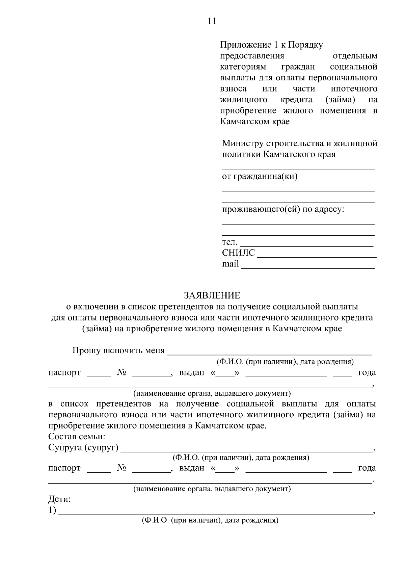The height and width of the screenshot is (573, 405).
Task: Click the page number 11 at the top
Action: (212, 21)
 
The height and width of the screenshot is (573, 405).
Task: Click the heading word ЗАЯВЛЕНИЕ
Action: (212, 296)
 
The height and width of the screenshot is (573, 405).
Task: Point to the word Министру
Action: (242, 144)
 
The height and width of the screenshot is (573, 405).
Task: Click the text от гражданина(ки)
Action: (260, 176)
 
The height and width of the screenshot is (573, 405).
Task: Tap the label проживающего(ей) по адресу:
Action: (283, 209)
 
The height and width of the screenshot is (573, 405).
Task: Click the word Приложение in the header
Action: (244, 45)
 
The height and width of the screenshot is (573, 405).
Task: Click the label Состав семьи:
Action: (77, 437)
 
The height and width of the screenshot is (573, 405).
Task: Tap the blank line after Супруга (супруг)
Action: (246, 450)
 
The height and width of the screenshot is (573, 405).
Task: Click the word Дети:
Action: (59, 499)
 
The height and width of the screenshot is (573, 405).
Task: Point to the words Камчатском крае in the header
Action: (255, 122)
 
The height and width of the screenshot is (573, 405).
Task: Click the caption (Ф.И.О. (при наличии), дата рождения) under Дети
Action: (210, 520)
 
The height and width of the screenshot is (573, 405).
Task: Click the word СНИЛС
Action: (238, 253)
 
